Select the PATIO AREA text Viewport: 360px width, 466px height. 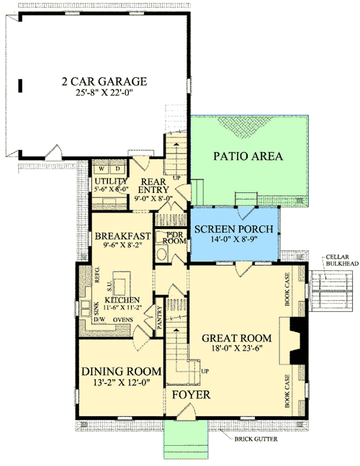click(x=248, y=156)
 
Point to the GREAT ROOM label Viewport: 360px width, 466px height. click(x=236, y=337)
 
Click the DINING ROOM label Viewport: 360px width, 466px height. click(x=121, y=371)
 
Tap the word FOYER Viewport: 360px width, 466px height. click(x=191, y=395)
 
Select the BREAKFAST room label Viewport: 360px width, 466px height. click(x=122, y=236)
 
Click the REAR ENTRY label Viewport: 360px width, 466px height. click(x=153, y=186)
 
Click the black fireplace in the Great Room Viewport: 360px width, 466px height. click(x=295, y=344)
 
